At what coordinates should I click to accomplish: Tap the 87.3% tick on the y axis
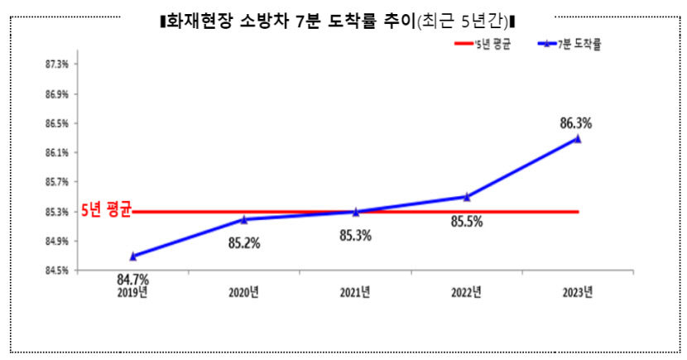pos(57,64)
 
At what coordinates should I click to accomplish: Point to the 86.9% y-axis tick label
pos(57,94)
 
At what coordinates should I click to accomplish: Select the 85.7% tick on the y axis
pos(57,182)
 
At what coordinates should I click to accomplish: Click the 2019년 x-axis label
pos(133,291)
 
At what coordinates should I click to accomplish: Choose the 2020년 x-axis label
pos(244,291)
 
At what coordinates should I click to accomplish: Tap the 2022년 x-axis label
pos(467,291)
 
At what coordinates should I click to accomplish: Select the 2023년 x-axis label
pos(578,291)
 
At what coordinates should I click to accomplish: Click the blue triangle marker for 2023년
pos(578,138)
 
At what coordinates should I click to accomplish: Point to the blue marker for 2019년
pos(133,256)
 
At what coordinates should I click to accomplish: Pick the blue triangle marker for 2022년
pos(467,197)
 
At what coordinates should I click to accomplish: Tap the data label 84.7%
pos(132,279)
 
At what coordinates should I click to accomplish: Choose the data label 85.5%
pos(467,222)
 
